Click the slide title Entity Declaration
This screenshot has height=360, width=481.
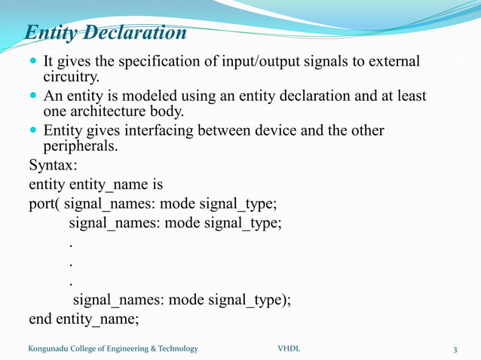coord(106,34)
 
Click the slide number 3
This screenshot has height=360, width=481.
coord(455,349)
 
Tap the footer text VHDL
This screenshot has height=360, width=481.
coord(289,349)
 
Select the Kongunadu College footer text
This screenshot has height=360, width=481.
coord(113,349)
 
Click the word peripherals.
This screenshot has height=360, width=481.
coord(81,145)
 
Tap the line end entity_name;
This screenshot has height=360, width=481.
coord(84,319)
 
